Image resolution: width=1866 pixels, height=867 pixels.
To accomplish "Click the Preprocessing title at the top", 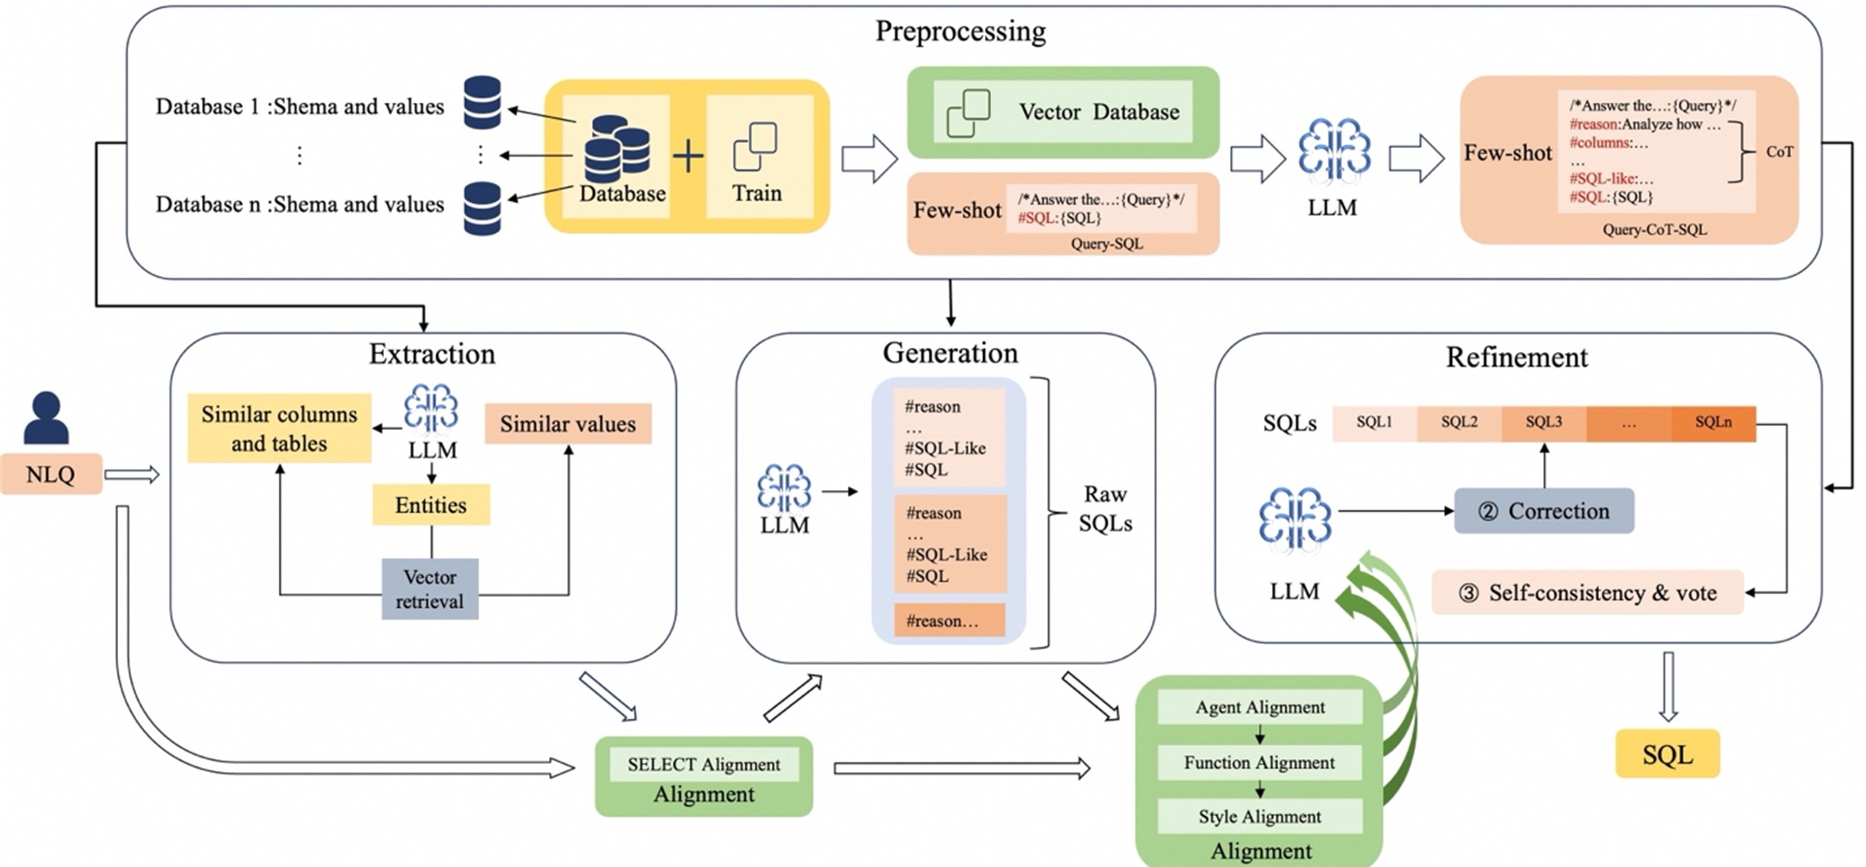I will tap(961, 31).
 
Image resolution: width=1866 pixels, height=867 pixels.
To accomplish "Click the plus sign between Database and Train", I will tap(687, 156).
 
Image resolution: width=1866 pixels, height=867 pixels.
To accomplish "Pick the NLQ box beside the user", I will tap(51, 475).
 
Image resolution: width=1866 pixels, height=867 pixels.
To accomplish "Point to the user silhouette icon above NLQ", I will tap(46, 418).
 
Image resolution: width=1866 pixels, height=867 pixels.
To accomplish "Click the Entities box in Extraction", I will tap(431, 505).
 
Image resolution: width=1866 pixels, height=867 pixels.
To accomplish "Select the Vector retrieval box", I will tap(430, 589).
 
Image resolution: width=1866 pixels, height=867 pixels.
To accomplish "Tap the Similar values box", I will tap(568, 424).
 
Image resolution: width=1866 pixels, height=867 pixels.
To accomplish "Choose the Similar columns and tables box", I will tap(279, 428).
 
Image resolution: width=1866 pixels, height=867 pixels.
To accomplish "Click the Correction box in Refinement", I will tap(1544, 511).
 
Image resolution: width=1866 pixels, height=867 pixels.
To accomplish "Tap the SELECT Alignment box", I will tap(703, 764).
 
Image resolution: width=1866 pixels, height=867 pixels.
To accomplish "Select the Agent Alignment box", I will tap(1260, 707).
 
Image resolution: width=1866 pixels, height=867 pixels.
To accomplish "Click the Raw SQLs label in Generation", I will tap(1105, 508).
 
